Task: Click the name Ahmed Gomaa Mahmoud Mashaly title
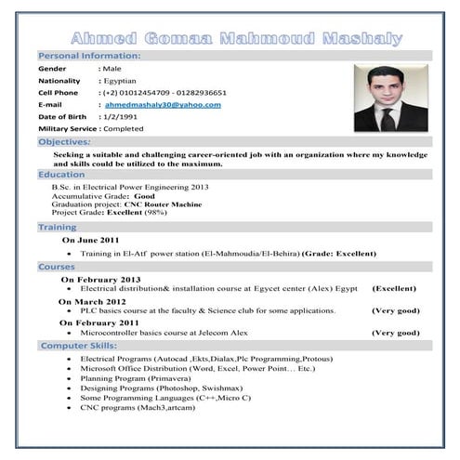236,39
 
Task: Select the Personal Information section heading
89,57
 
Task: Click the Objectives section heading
64,142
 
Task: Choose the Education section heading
61,175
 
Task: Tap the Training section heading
58,227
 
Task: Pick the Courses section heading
57,266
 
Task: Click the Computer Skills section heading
78,346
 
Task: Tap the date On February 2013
100,279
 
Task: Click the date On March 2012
92,301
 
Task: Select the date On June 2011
90,240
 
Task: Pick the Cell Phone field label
58,93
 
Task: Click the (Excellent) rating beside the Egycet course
394,289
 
